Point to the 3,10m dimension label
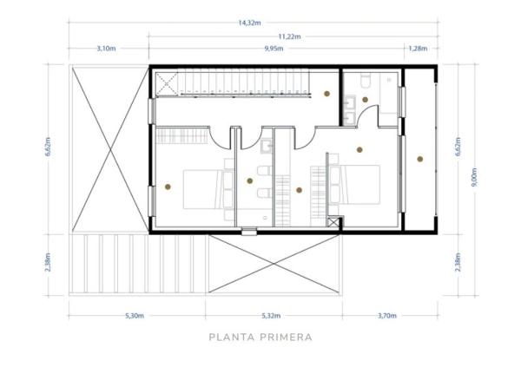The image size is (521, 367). tap(106, 49)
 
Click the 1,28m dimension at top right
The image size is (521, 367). tap(419, 49)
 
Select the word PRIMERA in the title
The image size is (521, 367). tap(285, 338)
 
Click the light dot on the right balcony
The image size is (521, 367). tap(419, 158)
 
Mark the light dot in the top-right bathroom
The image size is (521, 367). tap(366, 100)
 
